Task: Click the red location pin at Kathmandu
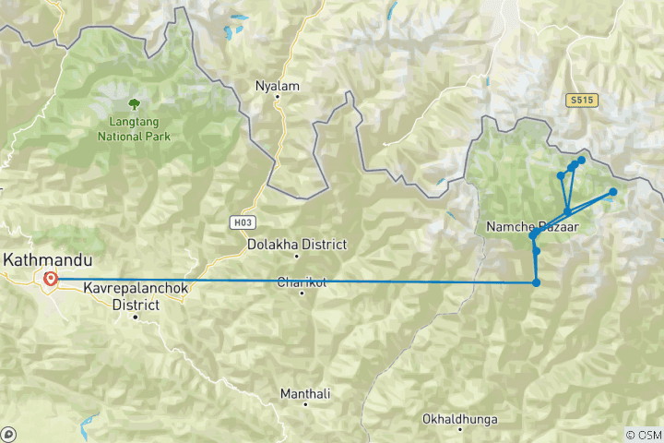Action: [50, 278]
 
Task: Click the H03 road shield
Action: [241, 223]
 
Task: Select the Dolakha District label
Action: [297, 245]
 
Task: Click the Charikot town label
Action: [302, 282]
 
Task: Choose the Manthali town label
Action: [305, 394]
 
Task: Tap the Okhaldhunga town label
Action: [458, 419]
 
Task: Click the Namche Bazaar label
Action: [524, 226]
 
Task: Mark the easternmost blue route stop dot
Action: [612, 192]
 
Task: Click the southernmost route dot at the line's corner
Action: [536, 282]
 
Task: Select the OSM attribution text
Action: [643, 435]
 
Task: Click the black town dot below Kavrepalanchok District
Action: [135, 317]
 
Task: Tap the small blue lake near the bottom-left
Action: [89, 426]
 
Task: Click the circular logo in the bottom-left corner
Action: [8, 434]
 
